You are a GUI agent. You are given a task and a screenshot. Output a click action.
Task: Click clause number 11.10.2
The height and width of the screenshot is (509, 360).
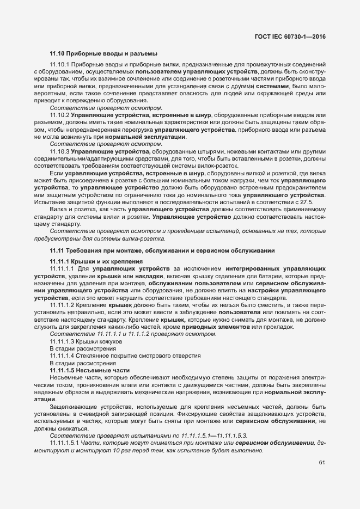pos(59,115)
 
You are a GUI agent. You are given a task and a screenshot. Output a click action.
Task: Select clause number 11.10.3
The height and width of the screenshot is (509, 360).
pos(59,150)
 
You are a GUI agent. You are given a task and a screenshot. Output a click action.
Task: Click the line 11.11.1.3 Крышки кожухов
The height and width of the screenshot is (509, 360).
pos(86,341)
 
